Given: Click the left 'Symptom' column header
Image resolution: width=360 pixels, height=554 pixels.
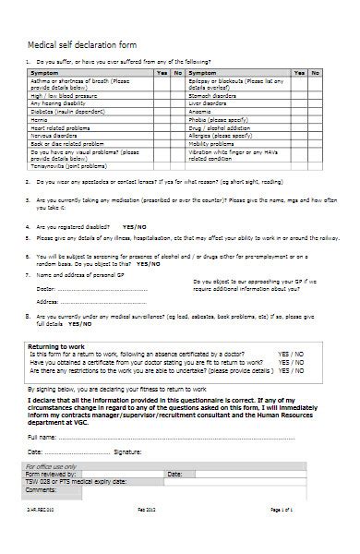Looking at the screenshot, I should click(45, 71).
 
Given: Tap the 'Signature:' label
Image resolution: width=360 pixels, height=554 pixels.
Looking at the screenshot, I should click(127, 452).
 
